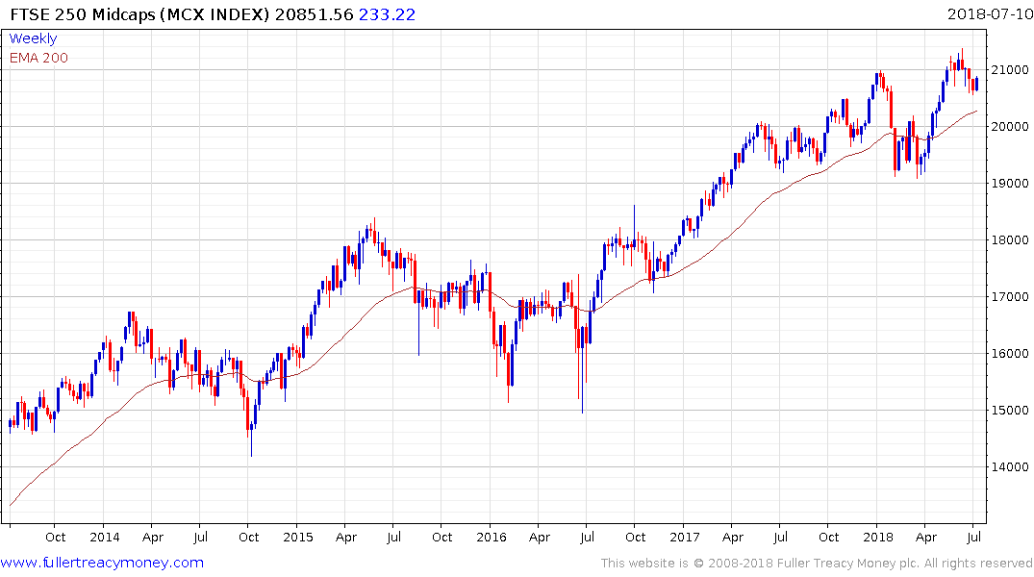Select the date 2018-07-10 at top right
point(987,13)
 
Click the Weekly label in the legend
point(33,38)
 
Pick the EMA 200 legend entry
point(38,58)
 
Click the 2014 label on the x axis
point(104,537)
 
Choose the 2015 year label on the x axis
point(298,537)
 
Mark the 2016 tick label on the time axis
point(492,537)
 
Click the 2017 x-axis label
point(685,537)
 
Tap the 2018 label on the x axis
point(878,537)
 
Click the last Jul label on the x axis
point(974,537)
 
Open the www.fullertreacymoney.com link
point(102,563)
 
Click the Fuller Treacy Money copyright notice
point(817,563)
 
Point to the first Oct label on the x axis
point(56,537)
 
